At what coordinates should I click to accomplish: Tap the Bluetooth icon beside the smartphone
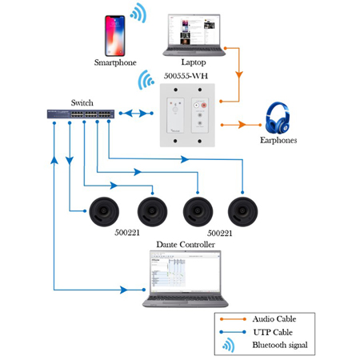click(x=139, y=13)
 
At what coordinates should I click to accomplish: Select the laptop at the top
click(x=194, y=37)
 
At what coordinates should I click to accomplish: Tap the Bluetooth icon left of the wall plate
click(x=146, y=81)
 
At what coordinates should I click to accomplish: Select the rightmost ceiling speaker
click(x=242, y=212)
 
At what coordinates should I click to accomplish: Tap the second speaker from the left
click(x=150, y=212)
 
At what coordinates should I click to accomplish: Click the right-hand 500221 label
click(x=218, y=235)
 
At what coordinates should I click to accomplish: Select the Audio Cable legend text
click(x=274, y=319)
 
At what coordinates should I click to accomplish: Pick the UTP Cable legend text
click(x=272, y=332)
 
